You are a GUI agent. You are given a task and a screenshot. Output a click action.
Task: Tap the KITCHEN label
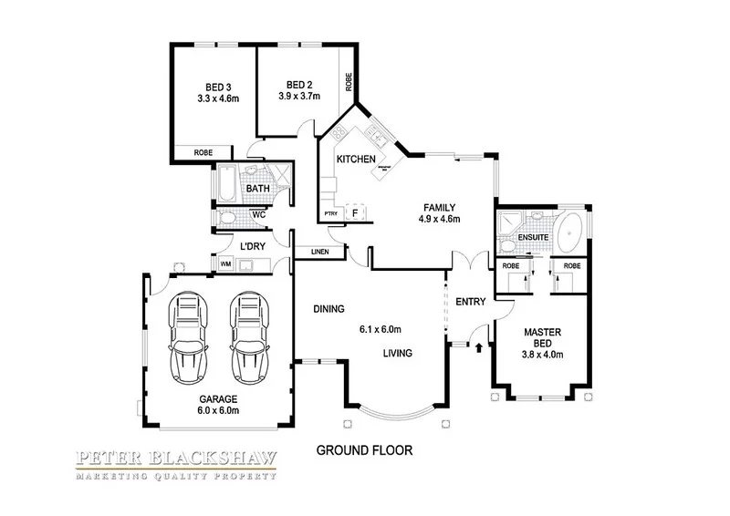pyautogui.click(x=356, y=160)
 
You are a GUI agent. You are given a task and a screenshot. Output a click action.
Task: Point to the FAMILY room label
pyautogui.click(x=438, y=207)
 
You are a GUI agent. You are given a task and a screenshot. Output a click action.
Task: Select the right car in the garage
pyautogui.click(x=248, y=337)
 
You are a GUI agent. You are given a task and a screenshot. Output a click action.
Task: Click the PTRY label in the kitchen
pyautogui.click(x=331, y=214)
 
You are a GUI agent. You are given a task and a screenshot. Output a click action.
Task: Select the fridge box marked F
pyautogui.click(x=355, y=214)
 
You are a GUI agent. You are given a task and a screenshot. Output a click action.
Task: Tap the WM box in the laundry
pyautogui.click(x=225, y=265)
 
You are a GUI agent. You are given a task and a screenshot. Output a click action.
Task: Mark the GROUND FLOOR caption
pyautogui.click(x=365, y=450)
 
